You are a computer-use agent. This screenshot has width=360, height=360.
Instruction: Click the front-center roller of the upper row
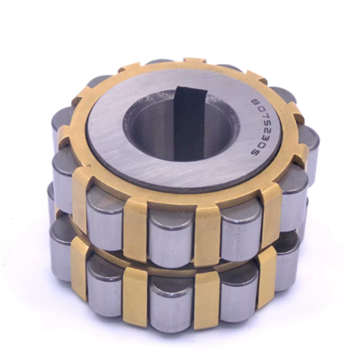pos(172,231)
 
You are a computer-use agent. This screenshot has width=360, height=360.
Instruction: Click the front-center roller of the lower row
pos(172,301)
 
